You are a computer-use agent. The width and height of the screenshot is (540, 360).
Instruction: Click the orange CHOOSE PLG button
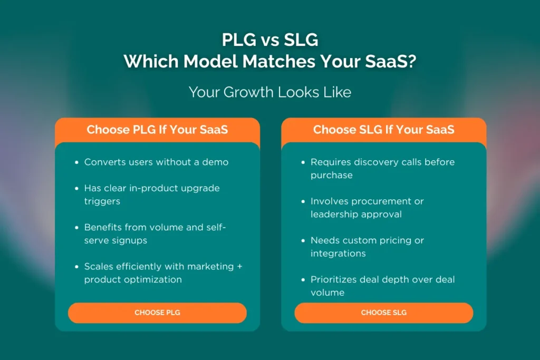(157, 313)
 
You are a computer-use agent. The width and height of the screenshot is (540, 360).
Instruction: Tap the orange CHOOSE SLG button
(384, 313)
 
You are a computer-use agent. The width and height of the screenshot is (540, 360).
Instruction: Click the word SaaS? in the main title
(391, 62)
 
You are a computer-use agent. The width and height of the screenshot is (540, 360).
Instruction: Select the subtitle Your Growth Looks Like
(270, 92)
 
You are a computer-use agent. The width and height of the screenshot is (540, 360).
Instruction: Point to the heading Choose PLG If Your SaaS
(157, 130)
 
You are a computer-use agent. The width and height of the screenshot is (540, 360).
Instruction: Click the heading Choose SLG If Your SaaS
(384, 130)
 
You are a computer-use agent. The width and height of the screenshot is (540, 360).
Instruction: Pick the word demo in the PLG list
(215, 162)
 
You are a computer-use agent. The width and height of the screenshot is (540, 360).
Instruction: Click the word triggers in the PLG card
(102, 201)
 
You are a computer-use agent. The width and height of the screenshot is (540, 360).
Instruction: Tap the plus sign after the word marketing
(240, 266)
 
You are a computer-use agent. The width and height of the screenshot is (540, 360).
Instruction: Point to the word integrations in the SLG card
(338, 254)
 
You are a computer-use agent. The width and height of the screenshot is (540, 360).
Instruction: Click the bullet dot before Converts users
(77, 162)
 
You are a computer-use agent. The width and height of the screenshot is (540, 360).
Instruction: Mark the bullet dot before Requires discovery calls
(303, 162)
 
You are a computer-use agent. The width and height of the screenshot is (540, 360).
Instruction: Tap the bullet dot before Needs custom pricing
(303, 240)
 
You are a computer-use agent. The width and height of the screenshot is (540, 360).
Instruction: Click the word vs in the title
(270, 41)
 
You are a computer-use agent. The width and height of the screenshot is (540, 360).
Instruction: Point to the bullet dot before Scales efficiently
(77, 267)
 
